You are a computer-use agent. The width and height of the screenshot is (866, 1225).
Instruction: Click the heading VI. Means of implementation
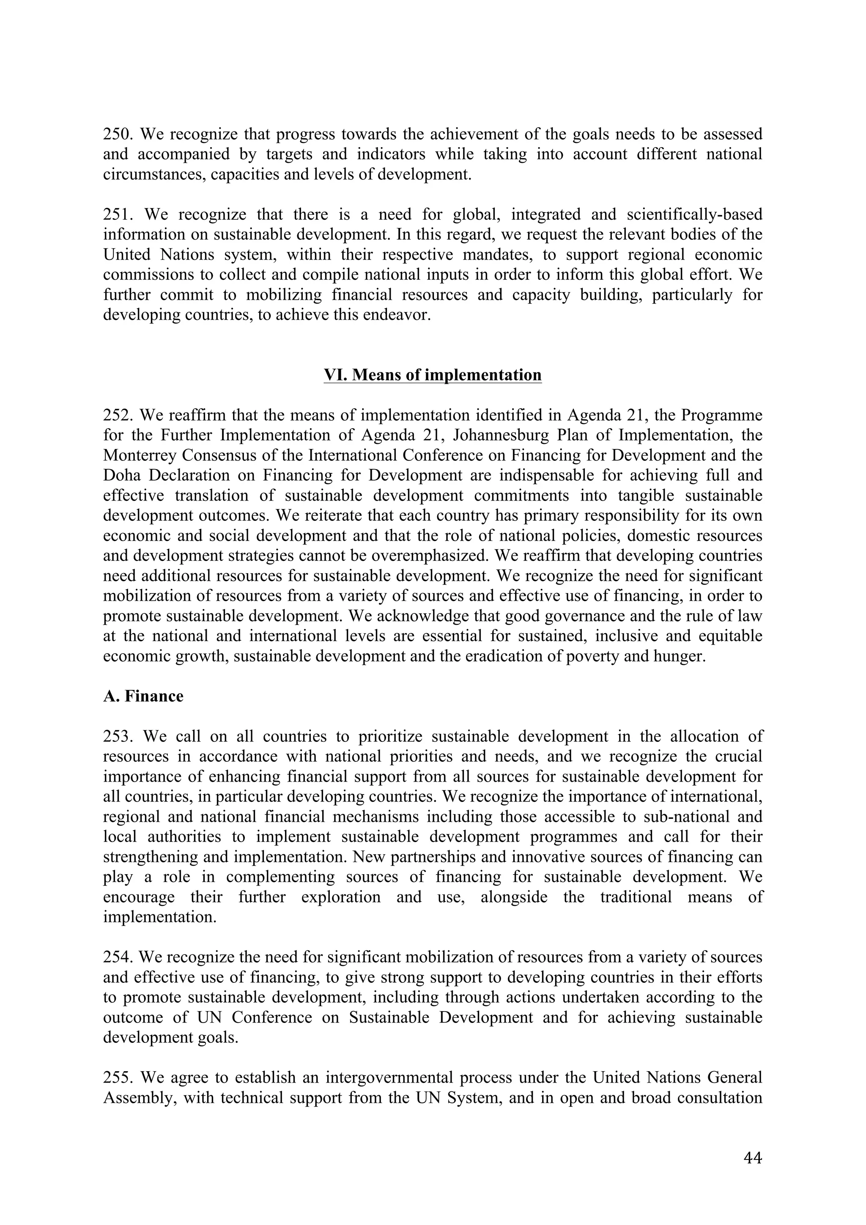[433, 375]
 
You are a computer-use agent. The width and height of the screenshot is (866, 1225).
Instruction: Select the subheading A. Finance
[143, 696]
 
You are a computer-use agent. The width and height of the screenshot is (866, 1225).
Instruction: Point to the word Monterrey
[139, 456]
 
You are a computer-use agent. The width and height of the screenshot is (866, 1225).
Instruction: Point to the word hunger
[679, 656]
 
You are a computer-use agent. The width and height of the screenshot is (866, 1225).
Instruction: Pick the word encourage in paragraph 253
[139, 897]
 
